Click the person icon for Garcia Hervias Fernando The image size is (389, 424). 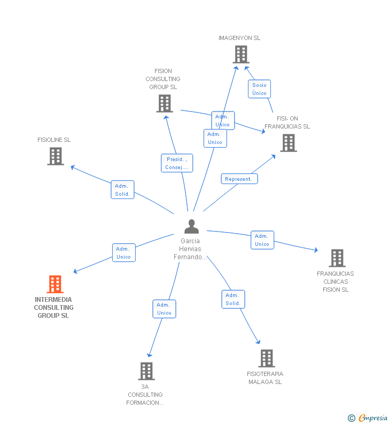191,227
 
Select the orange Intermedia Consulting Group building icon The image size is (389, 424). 55,284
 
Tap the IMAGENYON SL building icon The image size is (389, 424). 241,54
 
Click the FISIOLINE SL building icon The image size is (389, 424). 56,156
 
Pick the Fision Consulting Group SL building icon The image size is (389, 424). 165,103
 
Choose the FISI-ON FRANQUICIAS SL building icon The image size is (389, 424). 289,143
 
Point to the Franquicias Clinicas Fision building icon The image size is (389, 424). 337,258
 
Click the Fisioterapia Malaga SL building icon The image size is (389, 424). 267,358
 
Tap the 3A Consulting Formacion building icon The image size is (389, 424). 146,371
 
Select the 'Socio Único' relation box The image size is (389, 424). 259,89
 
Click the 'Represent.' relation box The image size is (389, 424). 239,179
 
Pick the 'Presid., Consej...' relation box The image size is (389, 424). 177,163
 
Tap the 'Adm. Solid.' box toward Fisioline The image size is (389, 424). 122,190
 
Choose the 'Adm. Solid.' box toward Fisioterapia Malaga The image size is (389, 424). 233,299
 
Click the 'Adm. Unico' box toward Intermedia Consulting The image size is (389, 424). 123,253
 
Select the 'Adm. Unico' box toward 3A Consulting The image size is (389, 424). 164,309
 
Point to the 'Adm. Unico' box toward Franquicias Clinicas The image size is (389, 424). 262,240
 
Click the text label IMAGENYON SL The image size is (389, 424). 239,38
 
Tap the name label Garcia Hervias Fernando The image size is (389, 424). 190,249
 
